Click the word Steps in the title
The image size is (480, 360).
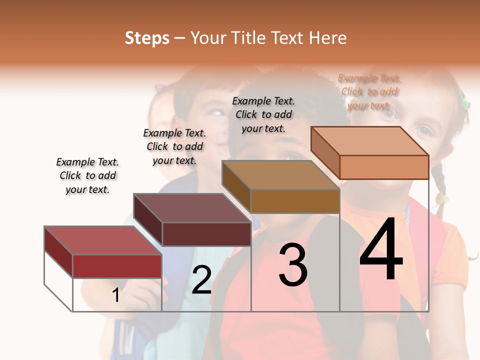click(147, 38)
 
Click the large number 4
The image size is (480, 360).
click(381, 250)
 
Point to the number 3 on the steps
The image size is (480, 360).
click(293, 265)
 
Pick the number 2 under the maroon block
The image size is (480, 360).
click(201, 280)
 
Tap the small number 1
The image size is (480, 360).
click(116, 295)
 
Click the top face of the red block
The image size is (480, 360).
click(102, 240)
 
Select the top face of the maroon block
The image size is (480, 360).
click(191, 208)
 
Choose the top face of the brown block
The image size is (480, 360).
click(280, 175)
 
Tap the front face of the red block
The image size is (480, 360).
click(117, 266)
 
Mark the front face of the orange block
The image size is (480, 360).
click(384, 167)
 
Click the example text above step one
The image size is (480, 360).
click(87, 175)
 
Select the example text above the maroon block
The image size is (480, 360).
click(174, 146)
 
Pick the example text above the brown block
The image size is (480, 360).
click(263, 114)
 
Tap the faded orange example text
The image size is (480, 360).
click(369, 91)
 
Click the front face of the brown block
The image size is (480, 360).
click(295, 201)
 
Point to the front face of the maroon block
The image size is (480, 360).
click(206, 234)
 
